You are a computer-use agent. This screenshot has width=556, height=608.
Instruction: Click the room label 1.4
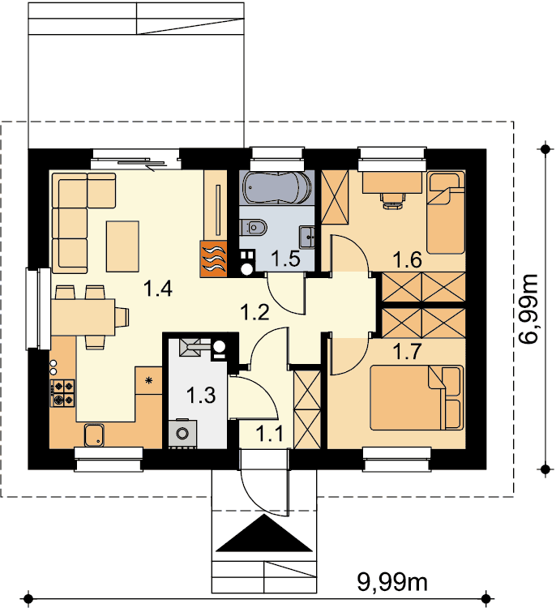pos(157,289)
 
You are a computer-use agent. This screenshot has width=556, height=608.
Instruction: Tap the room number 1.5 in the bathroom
pos(286,259)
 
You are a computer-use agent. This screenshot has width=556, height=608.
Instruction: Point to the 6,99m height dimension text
pos(528,309)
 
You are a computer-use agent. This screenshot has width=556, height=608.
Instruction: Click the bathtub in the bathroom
pos(277,188)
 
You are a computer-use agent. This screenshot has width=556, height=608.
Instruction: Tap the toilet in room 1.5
pos(254,227)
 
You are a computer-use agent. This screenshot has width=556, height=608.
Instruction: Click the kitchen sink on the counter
pos(94,435)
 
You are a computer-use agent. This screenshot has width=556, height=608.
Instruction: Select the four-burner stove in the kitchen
pos(62,393)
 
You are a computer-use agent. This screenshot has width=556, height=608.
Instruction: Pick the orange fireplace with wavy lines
pos(213,259)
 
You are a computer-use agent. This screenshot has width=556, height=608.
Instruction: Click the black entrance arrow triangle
pos(264,533)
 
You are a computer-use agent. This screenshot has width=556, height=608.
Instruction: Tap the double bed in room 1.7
pos(417,398)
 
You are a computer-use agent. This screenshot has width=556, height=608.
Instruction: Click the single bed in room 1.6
pos(446,212)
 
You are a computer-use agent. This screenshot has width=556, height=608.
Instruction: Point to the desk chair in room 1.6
pos(393,200)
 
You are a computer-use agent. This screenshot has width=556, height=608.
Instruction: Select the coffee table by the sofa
pos(123,246)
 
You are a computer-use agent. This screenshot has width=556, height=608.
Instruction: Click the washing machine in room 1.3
pos(182,433)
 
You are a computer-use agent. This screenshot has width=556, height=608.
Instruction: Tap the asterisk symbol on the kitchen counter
pos(148,381)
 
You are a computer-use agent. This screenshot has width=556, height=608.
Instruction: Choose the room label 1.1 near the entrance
pos(270,434)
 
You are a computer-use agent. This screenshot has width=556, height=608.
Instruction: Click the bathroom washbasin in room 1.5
pos(307,238)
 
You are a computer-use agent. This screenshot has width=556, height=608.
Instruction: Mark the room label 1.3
pos(201,396)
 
